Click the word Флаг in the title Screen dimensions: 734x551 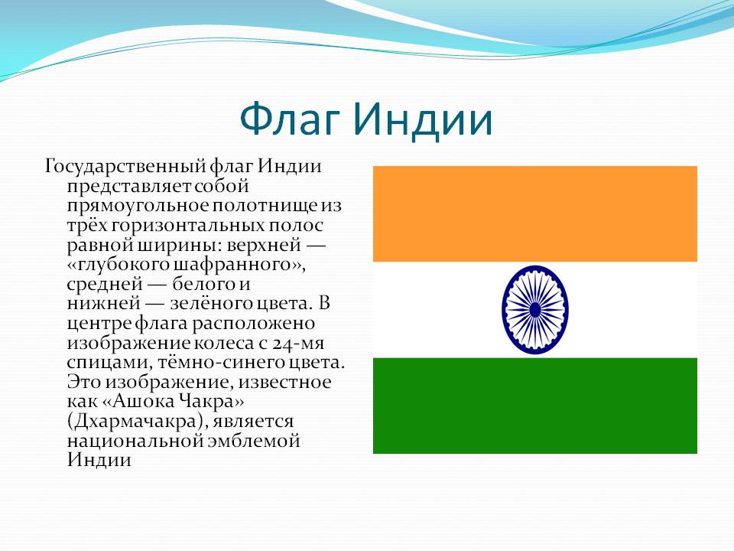pos(289,120)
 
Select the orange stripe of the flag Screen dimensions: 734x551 pos(535,214)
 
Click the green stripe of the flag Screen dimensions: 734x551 pos(535,406)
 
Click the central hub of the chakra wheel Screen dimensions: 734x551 pos(535,310)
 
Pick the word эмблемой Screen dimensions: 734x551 pos(253,442)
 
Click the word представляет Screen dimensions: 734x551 pos(129,187)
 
